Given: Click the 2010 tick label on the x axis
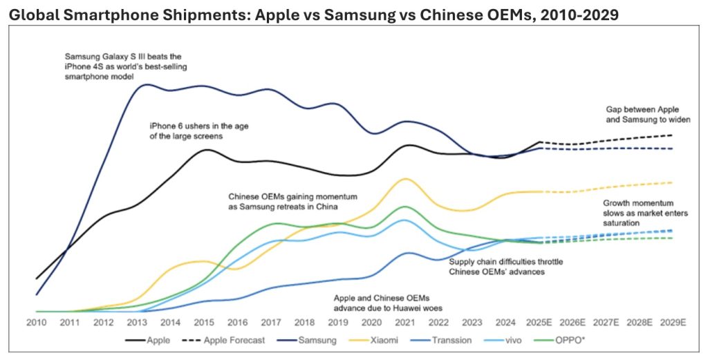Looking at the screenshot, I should (x=36, y=323).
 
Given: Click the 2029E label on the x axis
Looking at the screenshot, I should (x=673, y=323).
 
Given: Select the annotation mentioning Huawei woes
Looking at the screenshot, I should (x=387, y=303).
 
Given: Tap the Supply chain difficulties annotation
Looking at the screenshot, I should (x=497, y=267).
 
